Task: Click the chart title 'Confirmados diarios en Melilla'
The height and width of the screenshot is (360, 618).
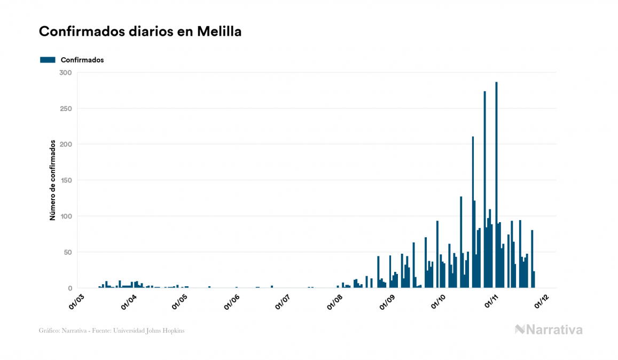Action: (x=140, y=32)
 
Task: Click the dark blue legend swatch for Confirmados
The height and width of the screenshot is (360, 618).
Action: (x=48, y=60)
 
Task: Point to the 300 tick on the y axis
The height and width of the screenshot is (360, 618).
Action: (x=65, y=73)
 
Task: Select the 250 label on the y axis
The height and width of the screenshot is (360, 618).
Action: (x=65, y=108)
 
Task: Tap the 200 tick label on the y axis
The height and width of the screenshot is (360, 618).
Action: (x=65, y=144)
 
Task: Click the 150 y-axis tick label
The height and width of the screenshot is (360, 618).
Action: (x=65, y=181)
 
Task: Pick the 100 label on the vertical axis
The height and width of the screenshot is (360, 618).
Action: (x=65, y=216)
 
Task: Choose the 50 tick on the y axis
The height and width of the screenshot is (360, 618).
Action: (x=67, y=252)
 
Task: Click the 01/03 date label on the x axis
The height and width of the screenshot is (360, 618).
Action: (x=77, y=301)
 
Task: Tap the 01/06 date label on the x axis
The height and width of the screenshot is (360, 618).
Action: (x=232, y=301)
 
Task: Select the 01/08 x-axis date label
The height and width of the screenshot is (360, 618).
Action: (x=335, y=301)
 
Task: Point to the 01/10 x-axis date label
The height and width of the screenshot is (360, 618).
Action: (x=439, y=301)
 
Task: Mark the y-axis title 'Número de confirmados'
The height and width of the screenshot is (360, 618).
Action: (x=52, y=180)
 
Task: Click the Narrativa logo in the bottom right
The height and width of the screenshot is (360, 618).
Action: (x=549, y=330)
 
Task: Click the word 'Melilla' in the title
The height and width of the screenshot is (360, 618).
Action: (x=219, y=32)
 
